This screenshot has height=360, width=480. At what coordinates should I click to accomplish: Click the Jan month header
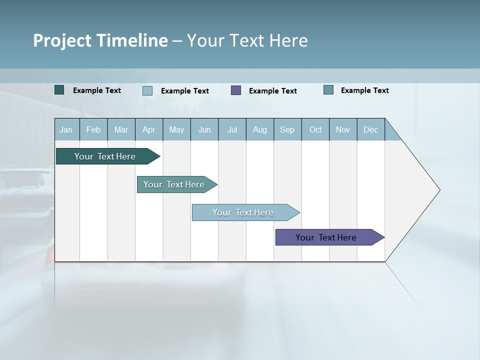66,129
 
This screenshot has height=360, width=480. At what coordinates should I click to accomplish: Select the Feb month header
93,129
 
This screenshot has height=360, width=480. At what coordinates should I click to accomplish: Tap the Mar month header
121,129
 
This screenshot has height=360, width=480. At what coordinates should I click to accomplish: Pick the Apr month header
148,129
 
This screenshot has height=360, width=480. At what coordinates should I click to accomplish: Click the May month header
176,129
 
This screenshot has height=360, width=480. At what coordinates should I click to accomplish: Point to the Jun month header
204,129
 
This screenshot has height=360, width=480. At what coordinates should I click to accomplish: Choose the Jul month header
232,129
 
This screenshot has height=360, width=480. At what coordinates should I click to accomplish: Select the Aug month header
259,129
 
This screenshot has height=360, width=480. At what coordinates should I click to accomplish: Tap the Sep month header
287,129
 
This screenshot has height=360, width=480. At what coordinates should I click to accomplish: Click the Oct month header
315,129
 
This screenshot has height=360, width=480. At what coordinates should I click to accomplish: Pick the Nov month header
343,129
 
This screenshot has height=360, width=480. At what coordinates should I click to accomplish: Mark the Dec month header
370,129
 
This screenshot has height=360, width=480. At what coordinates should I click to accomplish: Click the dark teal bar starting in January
105,156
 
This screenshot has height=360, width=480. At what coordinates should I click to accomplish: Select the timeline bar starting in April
174,184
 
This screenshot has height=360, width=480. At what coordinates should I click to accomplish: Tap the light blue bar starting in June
243,212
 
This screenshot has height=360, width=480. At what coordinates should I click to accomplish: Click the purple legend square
236,90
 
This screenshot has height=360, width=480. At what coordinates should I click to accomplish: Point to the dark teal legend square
59,90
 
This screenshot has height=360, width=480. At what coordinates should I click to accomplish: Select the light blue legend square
147,90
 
